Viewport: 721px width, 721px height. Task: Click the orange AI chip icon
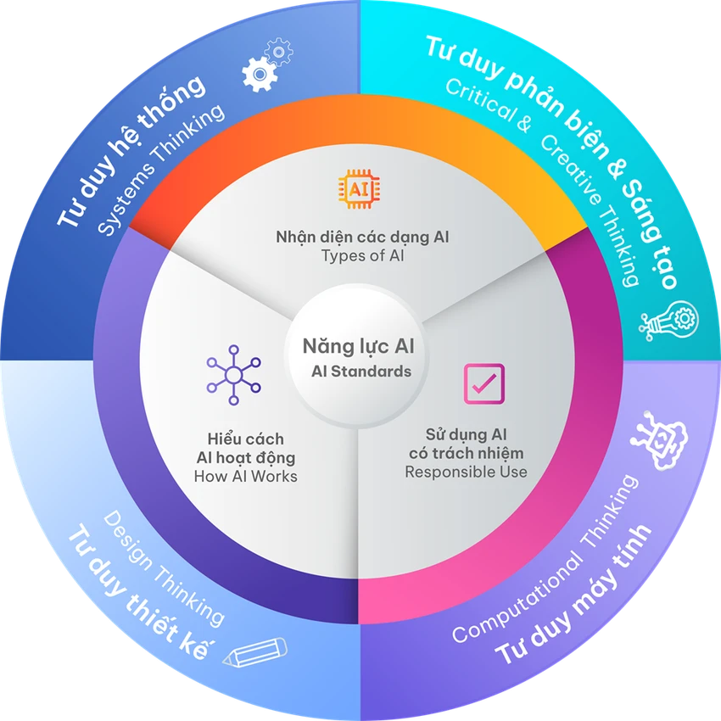(x=359, y=189)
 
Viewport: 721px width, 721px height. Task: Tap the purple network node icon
(x=233, y=375)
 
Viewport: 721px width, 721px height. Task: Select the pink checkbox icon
(x=483, y=384)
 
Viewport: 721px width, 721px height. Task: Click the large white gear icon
(x=260, y=74)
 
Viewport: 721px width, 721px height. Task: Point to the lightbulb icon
(x=669, y=320)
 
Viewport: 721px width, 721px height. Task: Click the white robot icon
(x=660, y=440)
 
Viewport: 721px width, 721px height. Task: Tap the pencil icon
(x=255, y=651)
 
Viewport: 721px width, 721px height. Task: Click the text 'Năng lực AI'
(x=359, y=346)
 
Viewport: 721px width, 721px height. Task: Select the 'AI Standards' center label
(x=361, y=371)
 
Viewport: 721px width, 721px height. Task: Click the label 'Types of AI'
(x=363, y=255)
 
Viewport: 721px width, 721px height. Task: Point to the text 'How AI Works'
(x=245, y=476)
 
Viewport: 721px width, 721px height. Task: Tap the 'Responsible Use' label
(x=466, y=472)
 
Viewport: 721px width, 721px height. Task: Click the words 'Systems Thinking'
(x=161, y=170)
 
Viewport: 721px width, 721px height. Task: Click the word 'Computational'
(x=517, y=599)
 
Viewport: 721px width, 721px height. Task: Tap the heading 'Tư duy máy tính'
(x=573, y=594)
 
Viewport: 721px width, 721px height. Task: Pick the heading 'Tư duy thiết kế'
(x=141, y=592)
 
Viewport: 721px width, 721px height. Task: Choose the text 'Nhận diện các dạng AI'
(x=362, y=238)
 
